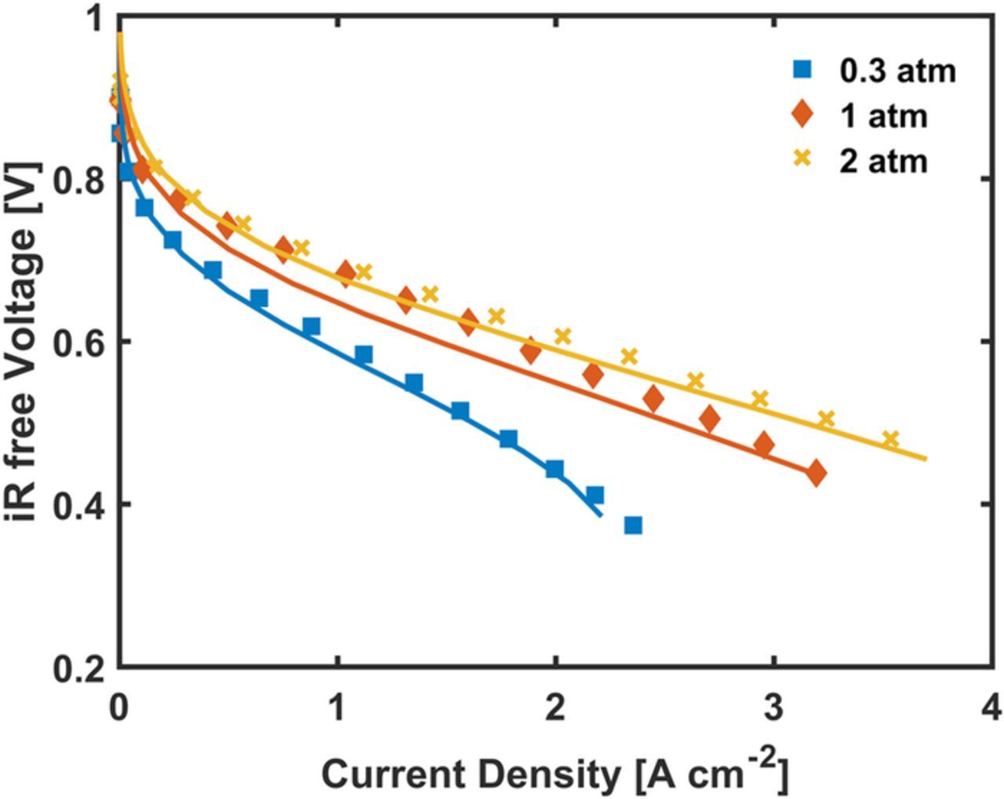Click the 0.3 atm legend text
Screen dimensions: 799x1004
point(898,71)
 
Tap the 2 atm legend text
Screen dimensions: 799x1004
point(883,161)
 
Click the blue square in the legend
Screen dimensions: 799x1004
point(802,70)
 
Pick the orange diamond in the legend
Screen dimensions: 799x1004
point(802,114)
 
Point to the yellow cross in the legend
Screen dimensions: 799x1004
point(802,160)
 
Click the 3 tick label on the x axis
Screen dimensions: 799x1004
point(774,709)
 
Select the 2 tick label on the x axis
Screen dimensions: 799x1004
point(555,709)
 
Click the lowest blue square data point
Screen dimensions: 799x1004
point(633,525)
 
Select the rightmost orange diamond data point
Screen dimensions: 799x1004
point(816,474)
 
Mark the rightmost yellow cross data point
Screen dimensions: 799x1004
point(890,438)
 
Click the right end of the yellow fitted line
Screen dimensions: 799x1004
point(926,459)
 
